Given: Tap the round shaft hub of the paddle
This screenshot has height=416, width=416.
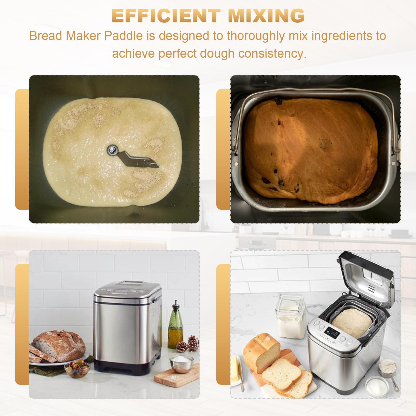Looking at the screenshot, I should coord(112,150).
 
